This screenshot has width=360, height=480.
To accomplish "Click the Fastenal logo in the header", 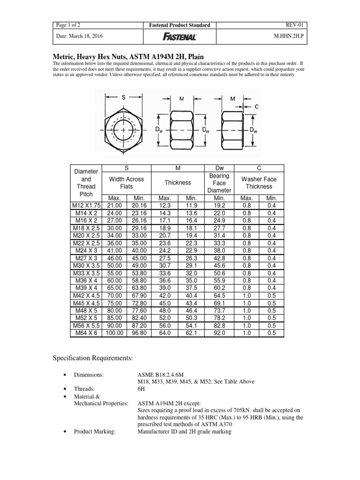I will point(180,37).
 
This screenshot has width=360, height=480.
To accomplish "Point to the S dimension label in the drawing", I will point(124,97).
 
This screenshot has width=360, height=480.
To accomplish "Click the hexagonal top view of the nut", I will point(124,129).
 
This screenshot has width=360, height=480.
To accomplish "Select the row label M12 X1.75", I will point(86,205).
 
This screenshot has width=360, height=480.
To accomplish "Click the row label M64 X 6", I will point(86,333).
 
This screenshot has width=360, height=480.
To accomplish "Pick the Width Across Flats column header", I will point(126,183).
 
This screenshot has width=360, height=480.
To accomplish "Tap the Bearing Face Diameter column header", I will point(219,183).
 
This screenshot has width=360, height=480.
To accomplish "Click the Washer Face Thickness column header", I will point(259,183).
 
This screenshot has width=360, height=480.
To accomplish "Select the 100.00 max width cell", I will point(114,333).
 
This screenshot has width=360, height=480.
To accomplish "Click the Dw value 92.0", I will point(219,333).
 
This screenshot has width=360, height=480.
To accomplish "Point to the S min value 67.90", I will point(139,295).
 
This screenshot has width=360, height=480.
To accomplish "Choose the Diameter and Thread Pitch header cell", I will point(86,183).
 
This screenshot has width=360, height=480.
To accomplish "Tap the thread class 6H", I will point(141,389).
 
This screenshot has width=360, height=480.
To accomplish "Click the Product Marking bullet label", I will point(95,432).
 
